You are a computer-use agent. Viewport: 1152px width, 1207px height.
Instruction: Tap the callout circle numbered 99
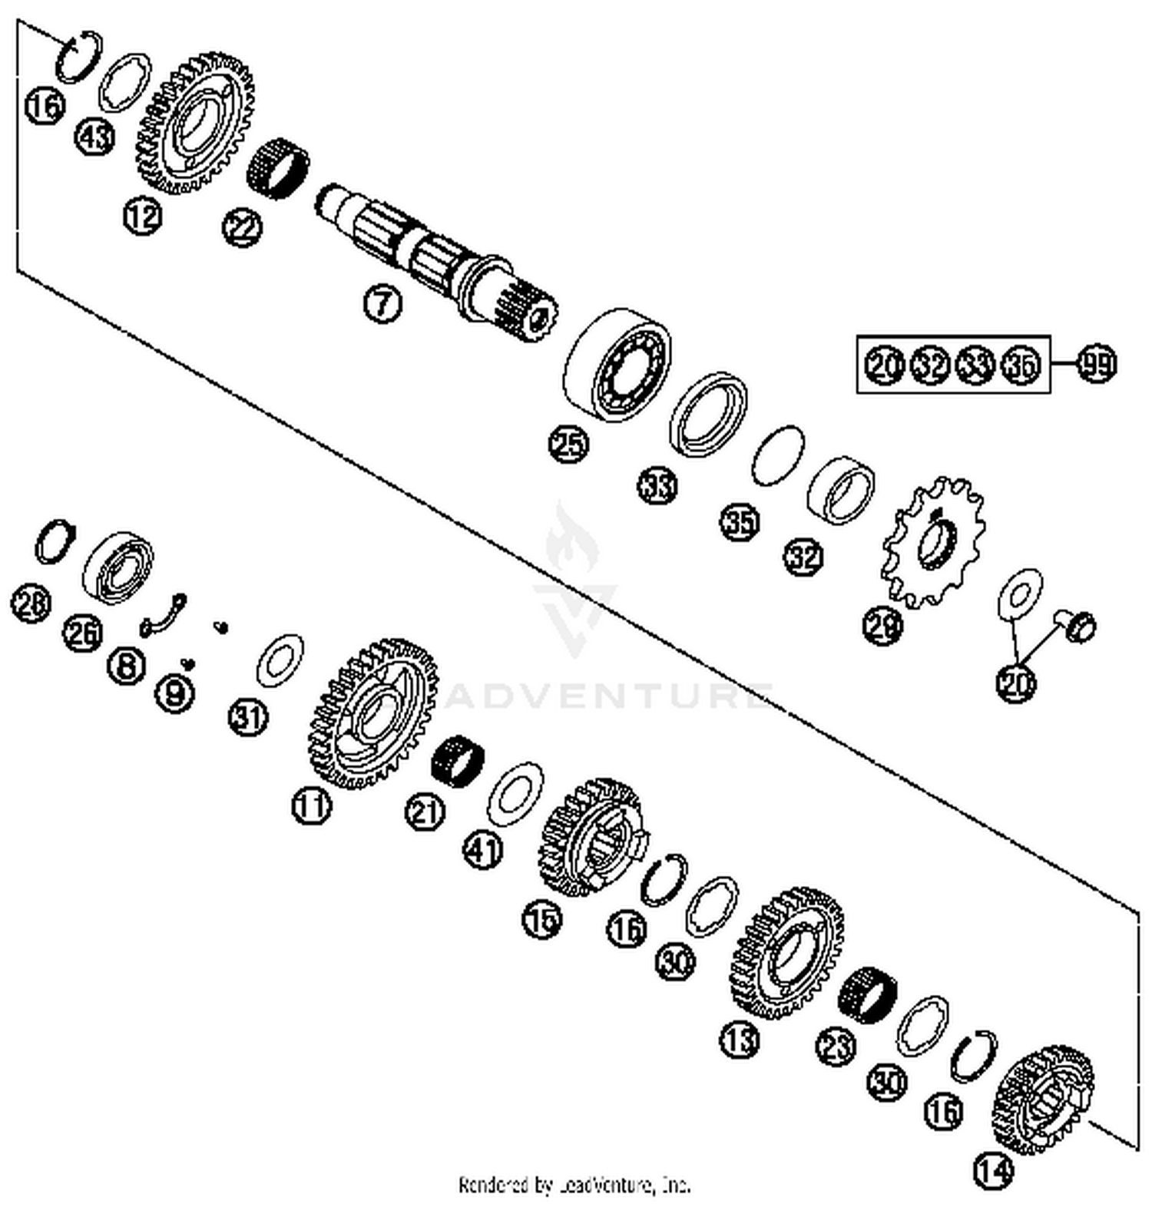click(x=1097, y=364)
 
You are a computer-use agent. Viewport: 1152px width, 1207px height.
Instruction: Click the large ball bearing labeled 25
click(x=617, y=365)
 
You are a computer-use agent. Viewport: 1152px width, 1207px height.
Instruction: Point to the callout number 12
click(x=143, y=217)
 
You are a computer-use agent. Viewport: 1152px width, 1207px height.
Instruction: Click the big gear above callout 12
click(x=195, y=123)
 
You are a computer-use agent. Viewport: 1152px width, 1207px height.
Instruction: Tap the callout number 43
click(x=95, y=137)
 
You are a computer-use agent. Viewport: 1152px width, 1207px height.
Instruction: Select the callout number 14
click(x=994, y=1170)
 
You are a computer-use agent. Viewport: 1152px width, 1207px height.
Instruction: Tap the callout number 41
click(x=483, y=851)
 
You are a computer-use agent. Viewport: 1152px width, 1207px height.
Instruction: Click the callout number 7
click(x=382, y=303)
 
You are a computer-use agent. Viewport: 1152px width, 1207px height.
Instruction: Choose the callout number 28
click(x=31, y=603)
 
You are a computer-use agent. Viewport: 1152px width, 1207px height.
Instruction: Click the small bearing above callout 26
click(x=118, y=566)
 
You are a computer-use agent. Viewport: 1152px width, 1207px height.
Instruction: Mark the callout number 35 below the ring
click(x=740, y=521)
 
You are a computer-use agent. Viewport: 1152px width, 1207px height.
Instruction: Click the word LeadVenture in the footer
click(x=607, y=1186)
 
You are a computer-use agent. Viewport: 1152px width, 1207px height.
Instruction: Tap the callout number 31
click(x=248, y=717)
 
